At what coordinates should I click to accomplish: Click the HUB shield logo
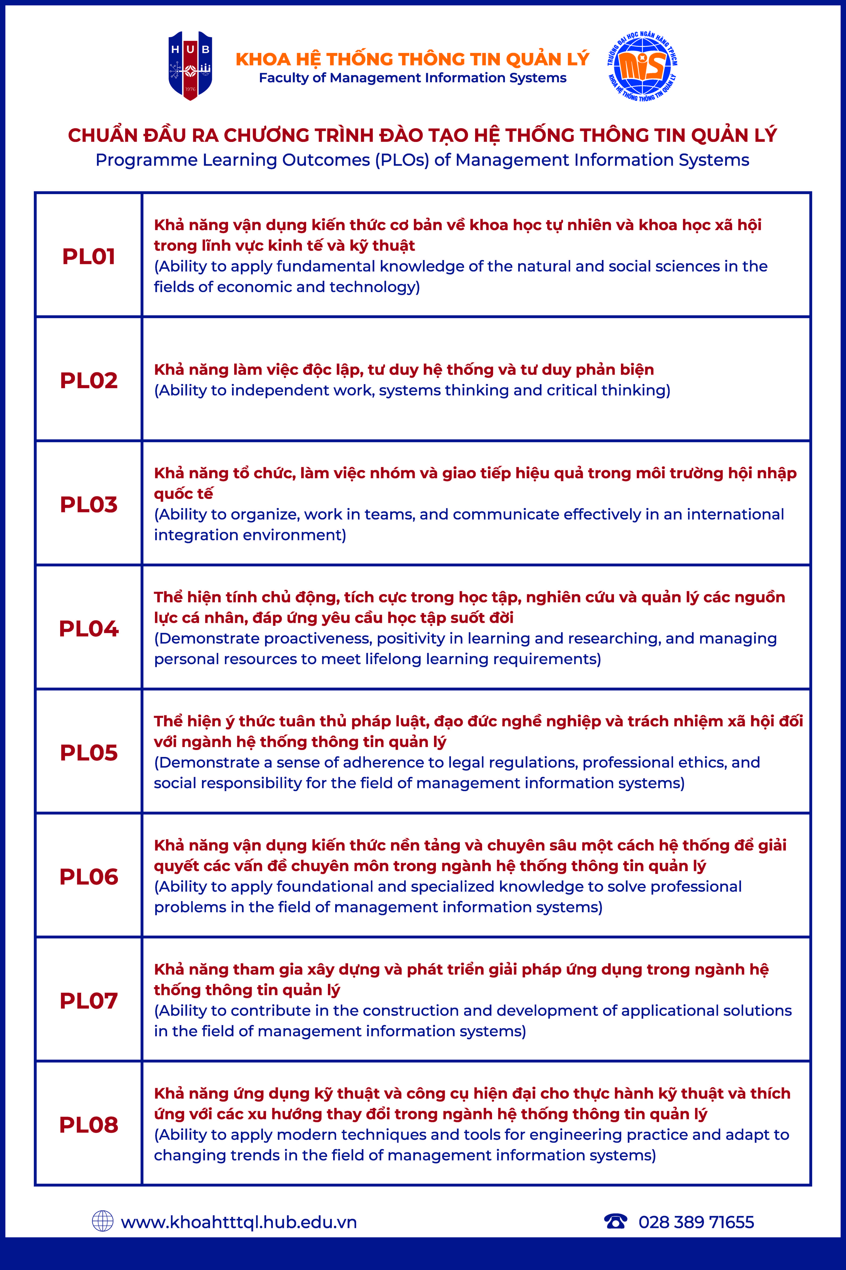pos(190,66)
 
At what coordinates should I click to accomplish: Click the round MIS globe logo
pos(642,66)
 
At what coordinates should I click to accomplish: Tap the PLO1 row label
pos(89,256)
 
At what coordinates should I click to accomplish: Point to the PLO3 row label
pos(89,504)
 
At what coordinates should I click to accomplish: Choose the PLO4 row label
pos(89,628)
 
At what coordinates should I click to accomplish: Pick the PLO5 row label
pos(89,753)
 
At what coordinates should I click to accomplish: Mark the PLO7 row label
pos(89,1001)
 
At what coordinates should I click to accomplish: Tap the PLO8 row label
pos(89,1125)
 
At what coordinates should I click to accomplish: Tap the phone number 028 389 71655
pos(696,1222)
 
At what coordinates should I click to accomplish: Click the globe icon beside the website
pos(102,1221)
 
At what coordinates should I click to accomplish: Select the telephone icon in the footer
pos(616,1221)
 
